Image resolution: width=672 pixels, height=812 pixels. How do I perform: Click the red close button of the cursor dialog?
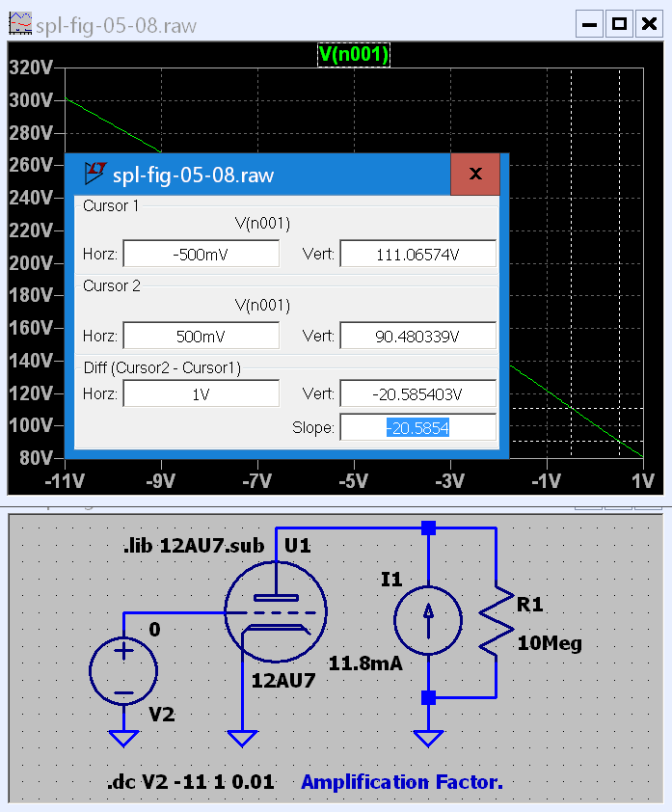tap(474, 175)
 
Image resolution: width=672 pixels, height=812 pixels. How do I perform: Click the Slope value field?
tap(417, 427)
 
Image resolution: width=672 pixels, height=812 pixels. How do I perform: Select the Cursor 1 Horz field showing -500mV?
tap(201, 254)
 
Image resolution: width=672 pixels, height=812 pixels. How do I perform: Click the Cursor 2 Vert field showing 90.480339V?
tap(417, 337)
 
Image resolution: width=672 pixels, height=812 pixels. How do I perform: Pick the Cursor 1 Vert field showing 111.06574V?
tap(417, 254)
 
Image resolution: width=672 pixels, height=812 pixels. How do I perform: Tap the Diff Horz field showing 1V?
tap(201, 393)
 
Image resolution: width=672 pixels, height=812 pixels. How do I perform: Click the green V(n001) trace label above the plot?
tap(353, 55)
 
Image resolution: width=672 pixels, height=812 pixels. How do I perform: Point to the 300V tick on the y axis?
tap(29, 100)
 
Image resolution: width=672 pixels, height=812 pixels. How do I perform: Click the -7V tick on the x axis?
tap(257, 480)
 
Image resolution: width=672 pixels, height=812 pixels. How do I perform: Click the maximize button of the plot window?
tap(619, 23)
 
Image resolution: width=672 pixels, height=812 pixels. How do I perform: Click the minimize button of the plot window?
tap(589, 23)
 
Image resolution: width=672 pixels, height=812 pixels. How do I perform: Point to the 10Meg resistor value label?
tap(550, 643)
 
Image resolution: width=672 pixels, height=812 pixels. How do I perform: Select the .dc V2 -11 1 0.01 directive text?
tap(190, 782)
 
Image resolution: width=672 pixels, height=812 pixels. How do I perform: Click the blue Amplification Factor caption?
tap(402, 782)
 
